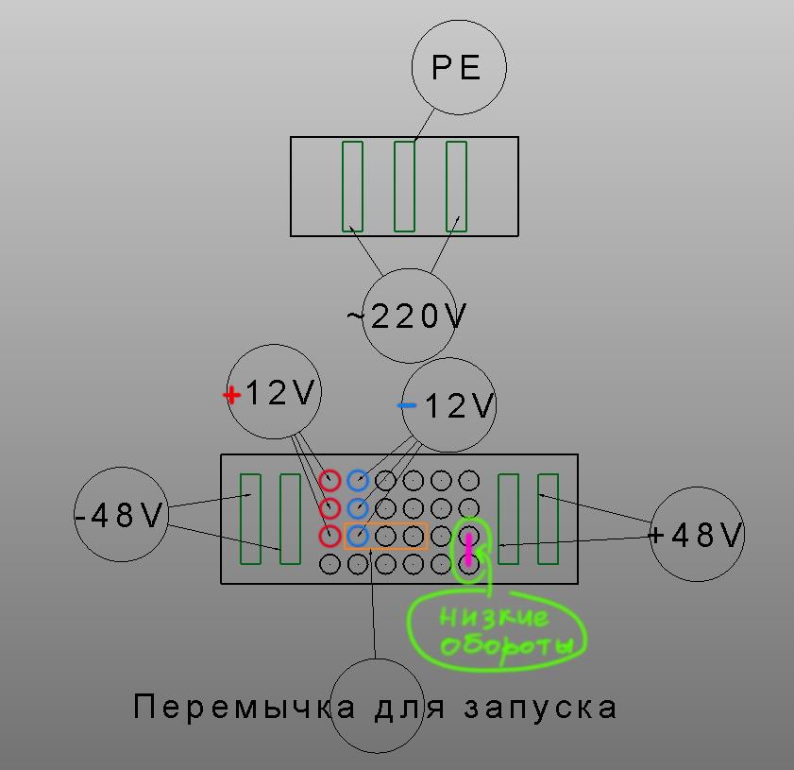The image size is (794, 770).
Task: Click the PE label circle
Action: (459, 67)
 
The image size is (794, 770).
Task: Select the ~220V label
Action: (406, 317)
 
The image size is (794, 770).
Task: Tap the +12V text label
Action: (269, 393)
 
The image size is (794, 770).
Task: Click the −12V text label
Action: (445, 405)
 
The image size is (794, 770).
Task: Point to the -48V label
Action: (120, 515)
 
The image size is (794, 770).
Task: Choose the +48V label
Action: (696, 535)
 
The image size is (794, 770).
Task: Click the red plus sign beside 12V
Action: (232, 395)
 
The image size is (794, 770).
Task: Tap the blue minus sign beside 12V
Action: (406, 405)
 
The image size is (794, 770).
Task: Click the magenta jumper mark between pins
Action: (469, 550)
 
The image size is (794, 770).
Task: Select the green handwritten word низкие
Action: (494, 618)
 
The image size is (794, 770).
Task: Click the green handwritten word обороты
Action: (507, 646)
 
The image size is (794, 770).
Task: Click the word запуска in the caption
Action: (540, 708)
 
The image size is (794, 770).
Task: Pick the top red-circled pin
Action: (329, 480)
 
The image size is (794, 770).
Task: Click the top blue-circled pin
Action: (358, 480)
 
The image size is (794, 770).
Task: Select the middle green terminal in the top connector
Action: (404, 186)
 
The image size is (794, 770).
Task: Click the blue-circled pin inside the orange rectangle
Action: (358, 536)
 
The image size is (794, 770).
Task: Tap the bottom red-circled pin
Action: (329, 536)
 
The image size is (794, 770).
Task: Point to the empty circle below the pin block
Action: (377, 706)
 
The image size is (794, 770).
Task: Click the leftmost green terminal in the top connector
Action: (352, 186)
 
